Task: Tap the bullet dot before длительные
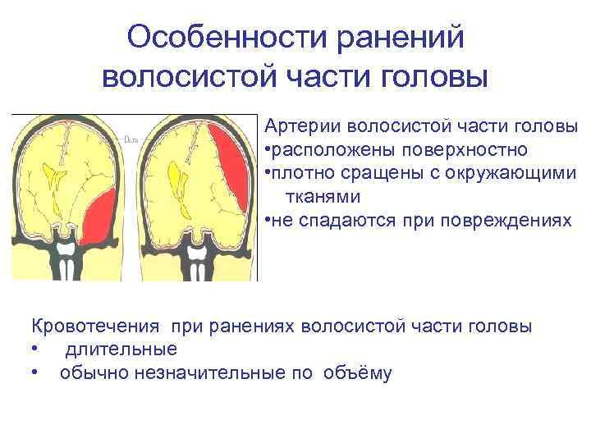point(34,349)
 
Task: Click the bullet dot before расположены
point(268,151)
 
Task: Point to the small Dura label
point(131,139)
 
